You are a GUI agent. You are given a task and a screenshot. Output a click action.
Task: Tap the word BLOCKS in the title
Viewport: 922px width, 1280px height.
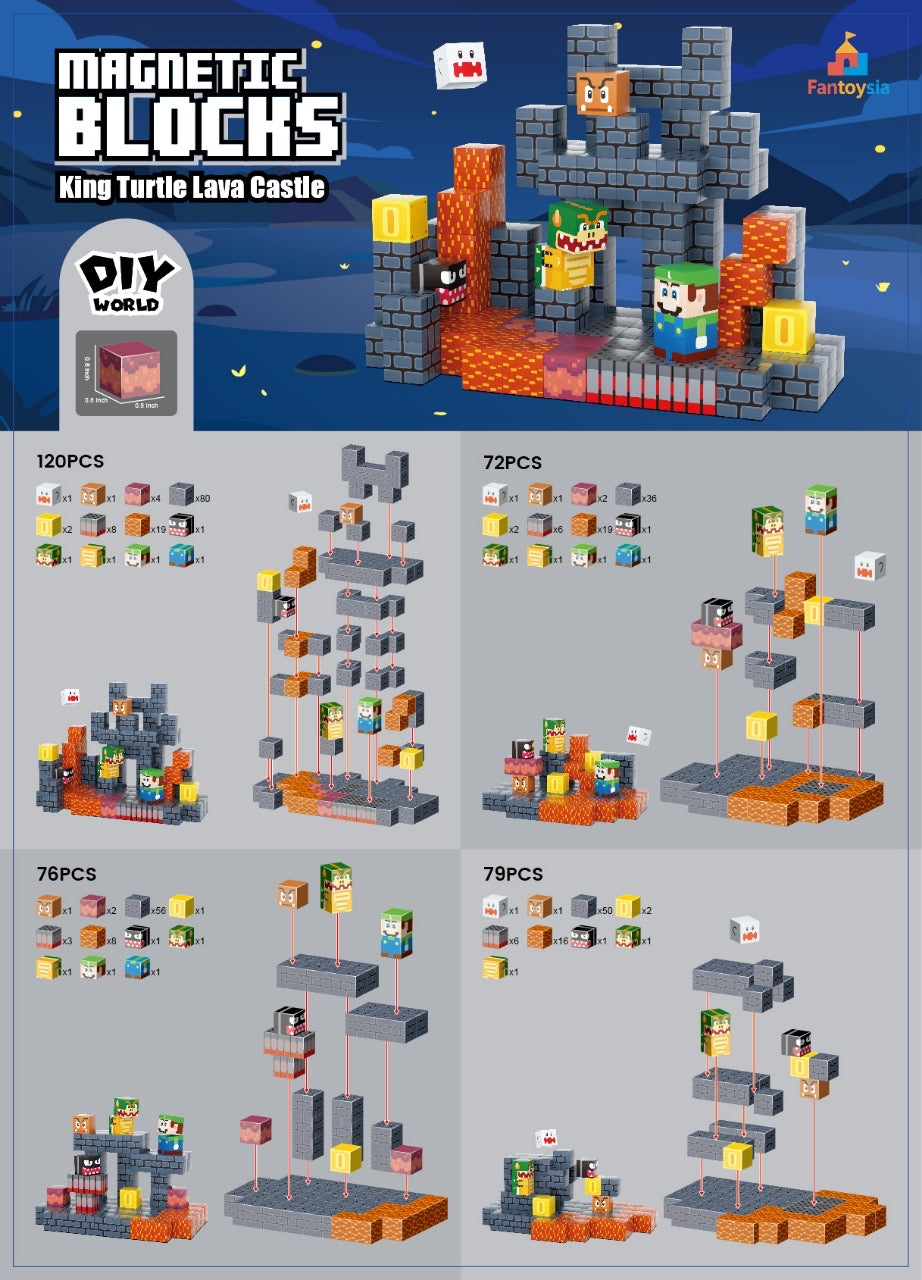[198, 128]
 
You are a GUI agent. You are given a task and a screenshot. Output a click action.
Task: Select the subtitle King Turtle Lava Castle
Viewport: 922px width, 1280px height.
[192, 187]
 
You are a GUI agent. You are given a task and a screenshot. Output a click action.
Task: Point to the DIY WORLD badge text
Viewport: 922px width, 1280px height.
[126, 283]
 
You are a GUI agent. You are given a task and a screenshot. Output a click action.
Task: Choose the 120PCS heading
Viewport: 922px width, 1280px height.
[70, 461]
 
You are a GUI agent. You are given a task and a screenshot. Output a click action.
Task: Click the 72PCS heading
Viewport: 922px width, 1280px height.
[511, 462]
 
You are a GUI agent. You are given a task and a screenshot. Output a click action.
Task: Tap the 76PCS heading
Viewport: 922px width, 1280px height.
[66, 874]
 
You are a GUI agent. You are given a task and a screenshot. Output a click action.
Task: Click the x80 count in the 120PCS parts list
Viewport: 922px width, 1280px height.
[202, 497]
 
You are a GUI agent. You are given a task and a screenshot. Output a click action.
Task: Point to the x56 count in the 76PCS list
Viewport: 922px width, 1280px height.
[157, 909]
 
